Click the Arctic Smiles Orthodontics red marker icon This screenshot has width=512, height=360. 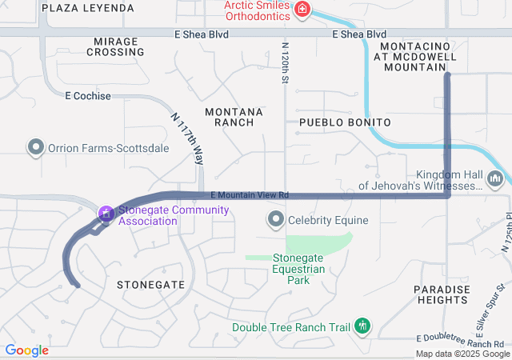302,10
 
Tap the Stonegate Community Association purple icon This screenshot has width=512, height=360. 105,214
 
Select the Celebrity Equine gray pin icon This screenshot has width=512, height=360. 276,219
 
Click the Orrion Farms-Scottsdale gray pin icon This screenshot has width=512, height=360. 35,148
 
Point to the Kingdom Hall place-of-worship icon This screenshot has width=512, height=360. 495,178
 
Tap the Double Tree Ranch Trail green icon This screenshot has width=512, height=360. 362,326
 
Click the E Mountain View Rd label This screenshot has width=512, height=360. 250,195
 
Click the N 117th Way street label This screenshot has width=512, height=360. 186,138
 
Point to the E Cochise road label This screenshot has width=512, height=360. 88,96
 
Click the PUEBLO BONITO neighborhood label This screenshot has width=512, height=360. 345,122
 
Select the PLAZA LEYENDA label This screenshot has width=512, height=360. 88,8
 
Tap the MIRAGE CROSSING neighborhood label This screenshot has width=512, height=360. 119,46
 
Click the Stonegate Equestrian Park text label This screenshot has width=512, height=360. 298,263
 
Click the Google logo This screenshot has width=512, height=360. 26,350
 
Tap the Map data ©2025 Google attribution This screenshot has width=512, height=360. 462,354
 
